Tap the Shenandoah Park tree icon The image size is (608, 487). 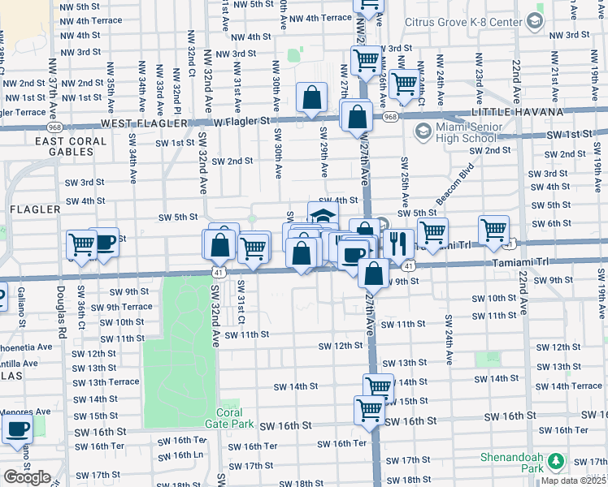556,462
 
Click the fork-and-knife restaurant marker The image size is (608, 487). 397,243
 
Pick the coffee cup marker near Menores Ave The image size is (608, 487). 18,430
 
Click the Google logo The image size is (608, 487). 27,477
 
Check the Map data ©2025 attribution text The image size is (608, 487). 573,481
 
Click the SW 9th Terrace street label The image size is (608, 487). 121,307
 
